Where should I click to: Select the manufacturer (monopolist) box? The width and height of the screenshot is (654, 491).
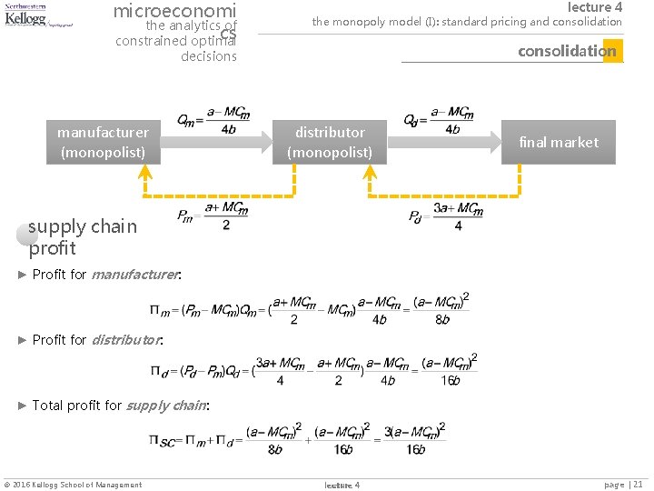(103, 142)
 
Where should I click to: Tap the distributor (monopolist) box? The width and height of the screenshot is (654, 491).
(330, 142)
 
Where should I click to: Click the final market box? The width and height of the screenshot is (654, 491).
(559, 142)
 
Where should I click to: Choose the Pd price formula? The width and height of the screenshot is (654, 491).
(445, 215)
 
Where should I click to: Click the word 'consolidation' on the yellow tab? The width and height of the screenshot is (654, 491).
(567, 51)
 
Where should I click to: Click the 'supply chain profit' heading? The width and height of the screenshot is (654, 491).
(82, 236)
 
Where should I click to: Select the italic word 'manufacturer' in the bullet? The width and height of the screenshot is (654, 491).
(134, 274)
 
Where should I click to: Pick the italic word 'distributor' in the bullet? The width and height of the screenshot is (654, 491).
(126, 339)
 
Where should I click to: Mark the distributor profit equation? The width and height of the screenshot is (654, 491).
(314, 370)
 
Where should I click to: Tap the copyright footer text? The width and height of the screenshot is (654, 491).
(73, 485)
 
